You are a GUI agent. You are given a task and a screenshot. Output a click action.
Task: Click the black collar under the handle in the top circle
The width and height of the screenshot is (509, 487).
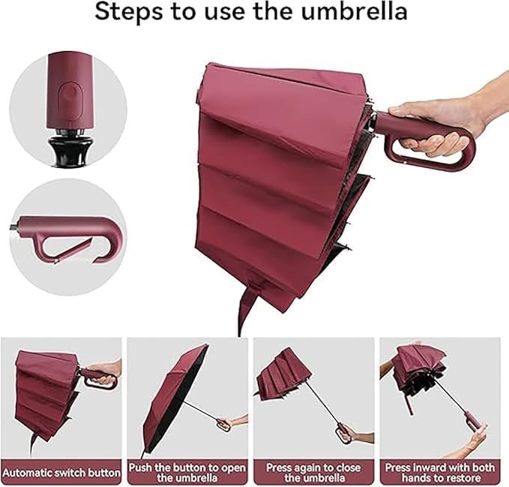(x=65, y=146)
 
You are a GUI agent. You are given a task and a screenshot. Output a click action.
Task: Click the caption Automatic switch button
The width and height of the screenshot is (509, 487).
(x=62, y=473)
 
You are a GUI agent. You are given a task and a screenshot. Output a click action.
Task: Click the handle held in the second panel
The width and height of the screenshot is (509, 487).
(x=223, y=423)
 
